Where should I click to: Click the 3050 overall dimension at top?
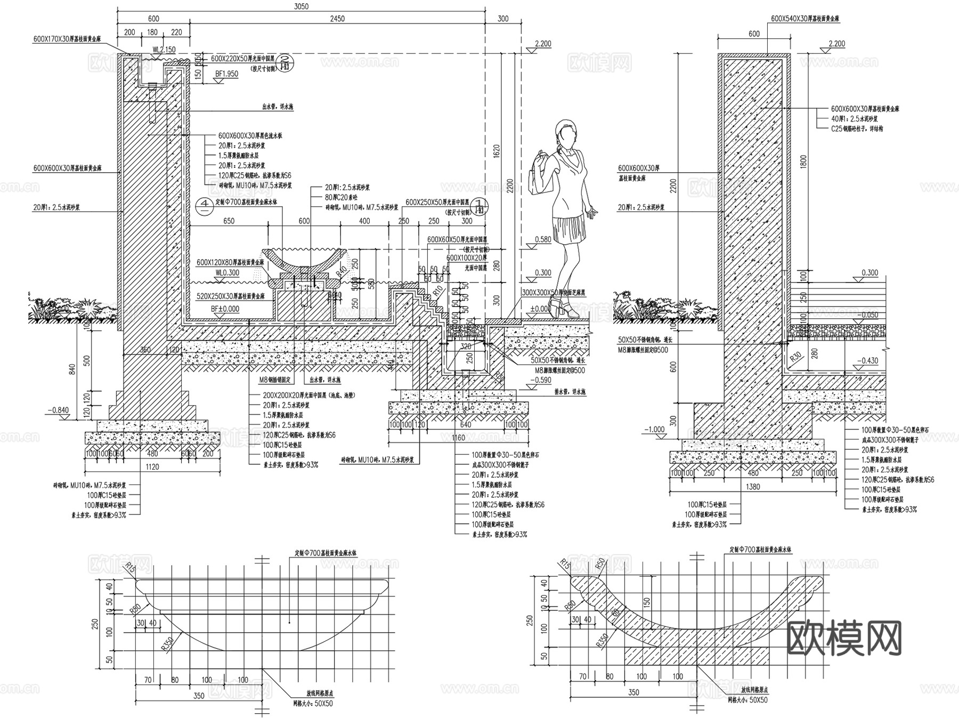pos(301,6)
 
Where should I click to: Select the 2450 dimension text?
pos(337,19)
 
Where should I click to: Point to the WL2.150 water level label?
pos(164,50)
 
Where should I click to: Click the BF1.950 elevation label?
pos(226,74)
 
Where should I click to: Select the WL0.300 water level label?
pos(227,273)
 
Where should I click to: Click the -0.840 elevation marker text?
pos(58,410)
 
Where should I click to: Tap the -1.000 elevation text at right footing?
pos(654,429)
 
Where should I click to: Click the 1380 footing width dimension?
pos(753,486)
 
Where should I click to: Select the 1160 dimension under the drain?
pos(458,438)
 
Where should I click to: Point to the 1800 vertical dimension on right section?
pos(803,162)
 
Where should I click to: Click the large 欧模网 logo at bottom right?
pos(844,638)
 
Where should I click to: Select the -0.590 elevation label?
pos(541,380)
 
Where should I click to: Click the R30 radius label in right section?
pos(796,356)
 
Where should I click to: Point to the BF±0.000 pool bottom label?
pos(225,309)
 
